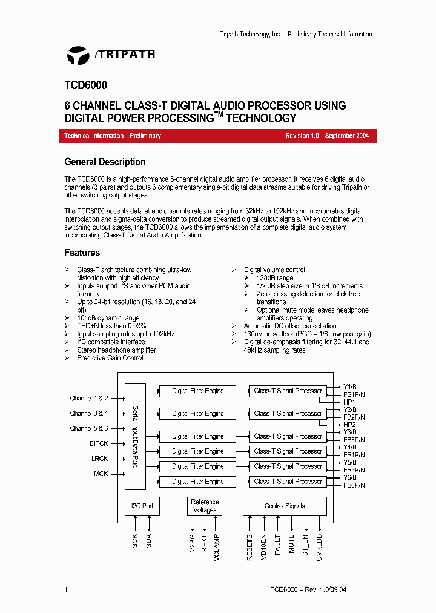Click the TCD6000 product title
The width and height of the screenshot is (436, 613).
pyautogui.click(x=85, y=86)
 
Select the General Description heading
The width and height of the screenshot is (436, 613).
pyautogui.click(x=105, y=162)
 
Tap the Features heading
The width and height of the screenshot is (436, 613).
pyautogui.click(x=82, y=253)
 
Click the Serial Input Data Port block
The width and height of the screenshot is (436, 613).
pyautogui.click(x=135, y=436)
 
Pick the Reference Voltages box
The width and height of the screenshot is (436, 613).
pyautogui.click(x=205, y=506)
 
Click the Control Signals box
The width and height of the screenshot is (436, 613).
pyautogui.click(x=285, y=506)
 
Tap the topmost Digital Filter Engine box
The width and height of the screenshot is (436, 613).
pyautogui.click(x=197, y=391)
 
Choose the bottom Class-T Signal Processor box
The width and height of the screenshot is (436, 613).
pyautogui.click(x=288, y=482)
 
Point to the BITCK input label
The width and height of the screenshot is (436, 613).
pyautogui.click(x=99, y=443)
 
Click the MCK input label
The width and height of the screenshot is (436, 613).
pyautogui.click(x=101, y=474)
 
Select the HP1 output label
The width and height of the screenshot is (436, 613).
pyautogui.click(x=349, y=402)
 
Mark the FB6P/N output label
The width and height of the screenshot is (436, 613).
pyautogui.click(x=354, y=485)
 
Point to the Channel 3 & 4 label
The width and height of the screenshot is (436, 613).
pyautogui.click(x=88, y=413)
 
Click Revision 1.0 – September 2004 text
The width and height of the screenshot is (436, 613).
pyautogui.click(x=327, y=136)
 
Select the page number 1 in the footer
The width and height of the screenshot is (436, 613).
pyautogui.click(x=66, y=589)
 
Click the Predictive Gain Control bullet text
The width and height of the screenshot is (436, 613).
pyautogui.click(x=110, y=358)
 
